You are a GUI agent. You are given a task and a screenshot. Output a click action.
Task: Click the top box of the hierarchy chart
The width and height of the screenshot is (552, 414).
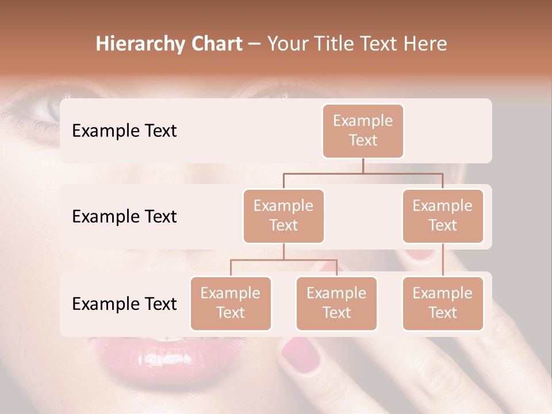(x=363, y=131)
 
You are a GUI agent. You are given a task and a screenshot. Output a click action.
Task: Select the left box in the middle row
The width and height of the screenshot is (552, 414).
(x=283, y=216)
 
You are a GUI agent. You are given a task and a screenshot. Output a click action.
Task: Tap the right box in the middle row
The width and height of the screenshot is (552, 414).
(x=443, y=216)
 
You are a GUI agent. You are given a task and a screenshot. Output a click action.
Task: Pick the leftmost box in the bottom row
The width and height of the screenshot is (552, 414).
(x=231, y=304)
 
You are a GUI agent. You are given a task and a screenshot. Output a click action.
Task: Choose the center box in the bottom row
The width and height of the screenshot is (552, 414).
(x=336, y=304)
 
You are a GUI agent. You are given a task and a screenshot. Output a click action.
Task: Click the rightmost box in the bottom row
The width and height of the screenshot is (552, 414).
(x=443, y=304)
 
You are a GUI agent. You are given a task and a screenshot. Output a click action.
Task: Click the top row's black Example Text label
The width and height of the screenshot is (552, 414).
(x=124, y=131)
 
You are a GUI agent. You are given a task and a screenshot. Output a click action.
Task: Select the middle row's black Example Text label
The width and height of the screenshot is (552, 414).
(x=124, y=217)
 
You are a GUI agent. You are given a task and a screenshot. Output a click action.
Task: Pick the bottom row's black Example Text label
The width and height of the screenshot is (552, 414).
(x=124, y=304)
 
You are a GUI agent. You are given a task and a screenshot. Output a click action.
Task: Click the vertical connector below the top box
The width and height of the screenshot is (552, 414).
(x=363, y=166)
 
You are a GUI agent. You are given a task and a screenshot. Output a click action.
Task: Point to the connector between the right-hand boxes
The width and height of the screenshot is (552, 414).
(x=443, y=260)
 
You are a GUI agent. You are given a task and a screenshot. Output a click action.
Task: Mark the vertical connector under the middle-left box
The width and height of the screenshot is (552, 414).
(x=283, y=251)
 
